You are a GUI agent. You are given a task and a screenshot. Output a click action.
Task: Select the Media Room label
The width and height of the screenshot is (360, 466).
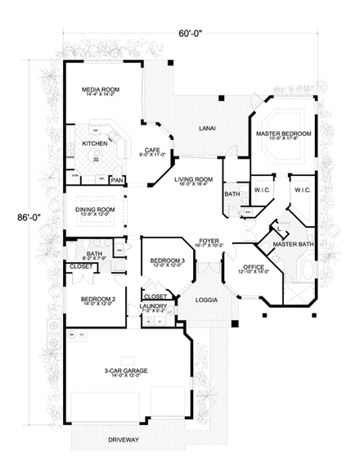tap(99, 90)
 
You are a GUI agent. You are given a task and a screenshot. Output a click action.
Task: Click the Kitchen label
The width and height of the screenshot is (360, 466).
tap(95, 143)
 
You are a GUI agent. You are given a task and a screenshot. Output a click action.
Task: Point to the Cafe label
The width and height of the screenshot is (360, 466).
tap(152, 148)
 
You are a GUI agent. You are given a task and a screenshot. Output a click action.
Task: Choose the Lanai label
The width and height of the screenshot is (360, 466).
tap(208, 128)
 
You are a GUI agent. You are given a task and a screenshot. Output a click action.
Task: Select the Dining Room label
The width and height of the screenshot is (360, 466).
tap(94, 209)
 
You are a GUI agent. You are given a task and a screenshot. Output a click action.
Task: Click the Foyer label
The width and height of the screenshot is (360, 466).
tap(205, 241)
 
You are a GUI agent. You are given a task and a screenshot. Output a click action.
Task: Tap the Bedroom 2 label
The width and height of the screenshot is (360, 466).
tap(97, 300)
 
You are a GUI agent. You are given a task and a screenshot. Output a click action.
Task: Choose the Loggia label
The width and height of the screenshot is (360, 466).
tap(206, 301)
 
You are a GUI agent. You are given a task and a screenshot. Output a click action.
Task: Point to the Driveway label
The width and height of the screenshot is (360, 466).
tap(123, 440)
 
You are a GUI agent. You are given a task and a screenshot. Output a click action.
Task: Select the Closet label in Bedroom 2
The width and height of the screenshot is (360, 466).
tap(80, 266)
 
